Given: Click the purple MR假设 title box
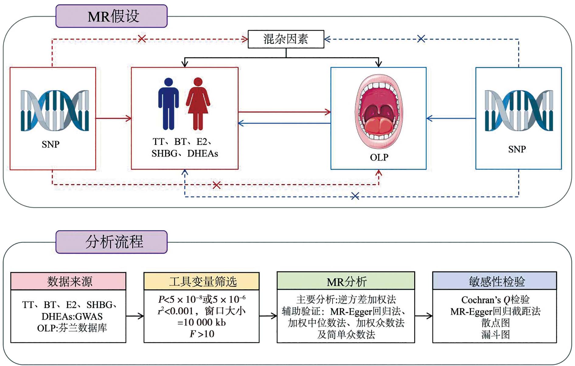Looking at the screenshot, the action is click(x=112, y=16).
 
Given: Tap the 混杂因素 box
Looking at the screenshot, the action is click(x=286, y=39).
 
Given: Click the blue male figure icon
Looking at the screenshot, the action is click(x=168, y=104).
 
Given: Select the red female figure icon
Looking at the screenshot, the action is click(x=198, y=104).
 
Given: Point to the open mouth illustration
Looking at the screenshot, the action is click(x=378, y=111).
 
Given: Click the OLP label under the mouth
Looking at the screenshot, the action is click(x=379, y=157).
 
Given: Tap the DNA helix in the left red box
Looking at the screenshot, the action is click(x=55, y=111).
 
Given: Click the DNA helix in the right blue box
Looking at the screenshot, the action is click(x=519, y=111).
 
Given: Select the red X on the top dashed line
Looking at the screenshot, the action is click(x=142, y=39).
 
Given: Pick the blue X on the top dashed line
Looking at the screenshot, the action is click(x=421, y=39).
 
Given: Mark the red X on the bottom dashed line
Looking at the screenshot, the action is click(x=217, y=185).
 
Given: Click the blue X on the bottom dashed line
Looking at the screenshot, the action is click(x=355, y=196).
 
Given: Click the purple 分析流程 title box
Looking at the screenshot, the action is click(x=112, y=242).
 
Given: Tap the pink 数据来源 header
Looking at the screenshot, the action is click(x=68, y=281).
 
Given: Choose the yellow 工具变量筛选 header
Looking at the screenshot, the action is click(x=202, y=281).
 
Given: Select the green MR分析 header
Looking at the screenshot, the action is click(x=346, y=281).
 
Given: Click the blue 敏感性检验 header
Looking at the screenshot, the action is click(x=495, y=281).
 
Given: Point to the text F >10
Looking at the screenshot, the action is click(x=202, y=334).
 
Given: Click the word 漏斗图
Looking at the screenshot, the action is click(x=495, y=335).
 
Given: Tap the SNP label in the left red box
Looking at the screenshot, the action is click(x=51, y=144).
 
